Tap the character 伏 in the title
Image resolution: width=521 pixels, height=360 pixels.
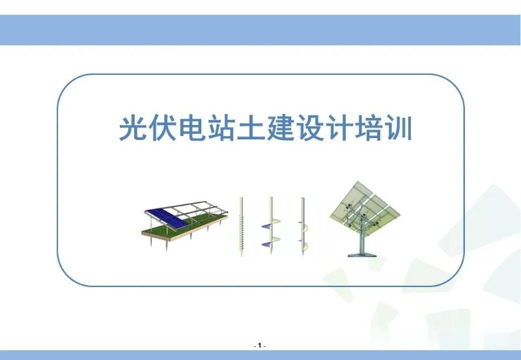click(x=163, y=130)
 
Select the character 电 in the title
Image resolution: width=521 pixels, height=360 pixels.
click(x=193, y=130)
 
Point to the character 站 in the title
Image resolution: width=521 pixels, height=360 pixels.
click(x=223, y=130)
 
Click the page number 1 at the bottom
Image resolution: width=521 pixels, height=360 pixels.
click(x=260, y=345)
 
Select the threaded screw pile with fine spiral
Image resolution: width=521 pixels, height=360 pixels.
click(x=241, y=228)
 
